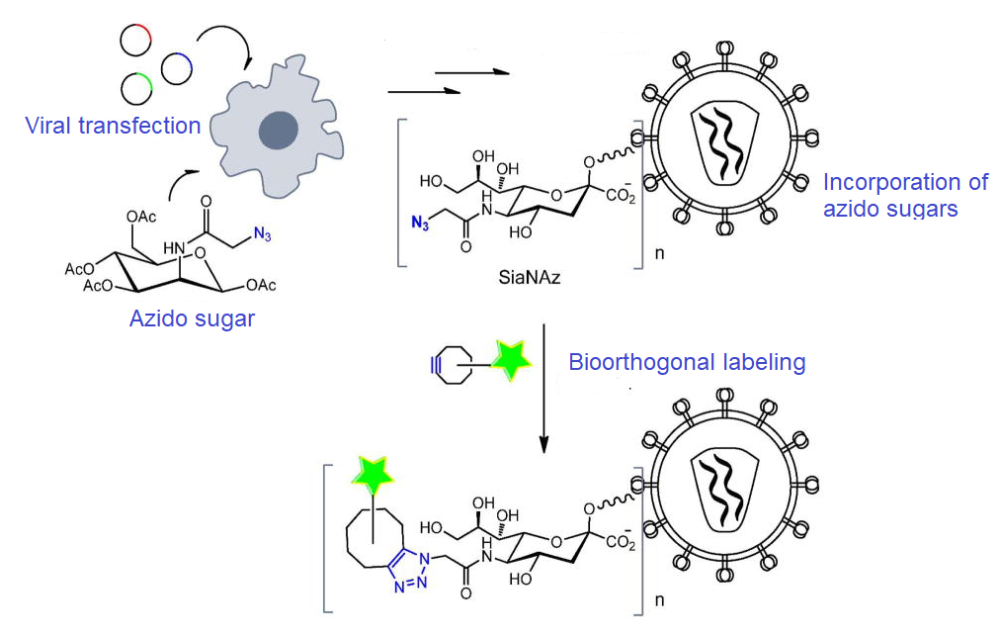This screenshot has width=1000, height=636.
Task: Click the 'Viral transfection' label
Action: click(113, 126)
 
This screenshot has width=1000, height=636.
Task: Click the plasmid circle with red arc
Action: click(134, 40)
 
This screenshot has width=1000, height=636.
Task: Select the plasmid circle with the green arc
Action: click(136, 88)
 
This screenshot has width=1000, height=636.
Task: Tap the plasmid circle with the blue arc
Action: click(176, 66)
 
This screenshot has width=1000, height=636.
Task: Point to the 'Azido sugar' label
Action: click(192, 318)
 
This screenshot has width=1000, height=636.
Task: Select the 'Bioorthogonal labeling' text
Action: click(687, 362)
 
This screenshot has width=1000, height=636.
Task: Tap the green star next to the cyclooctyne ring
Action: click(512, 362)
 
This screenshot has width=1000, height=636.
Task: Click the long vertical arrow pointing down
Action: click(543, 386)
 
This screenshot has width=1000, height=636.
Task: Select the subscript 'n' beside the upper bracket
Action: click(660, 254)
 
